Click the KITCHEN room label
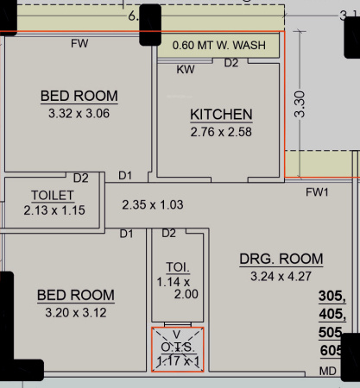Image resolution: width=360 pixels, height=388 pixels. click(221, 115)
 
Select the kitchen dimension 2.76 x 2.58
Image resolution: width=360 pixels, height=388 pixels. click(221, 132)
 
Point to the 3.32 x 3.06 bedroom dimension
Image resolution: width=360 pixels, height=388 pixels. click(79, 112)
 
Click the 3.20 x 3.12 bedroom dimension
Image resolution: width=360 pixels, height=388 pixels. click(75, 312)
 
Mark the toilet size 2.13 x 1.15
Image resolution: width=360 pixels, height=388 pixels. click(54, 210)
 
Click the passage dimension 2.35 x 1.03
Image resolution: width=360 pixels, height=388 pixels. click(154, 205)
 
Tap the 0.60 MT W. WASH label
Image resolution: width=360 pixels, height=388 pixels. click(219, 45)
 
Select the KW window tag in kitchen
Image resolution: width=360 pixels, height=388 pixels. click(185, 69)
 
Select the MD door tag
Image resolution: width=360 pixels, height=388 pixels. click(328, 372)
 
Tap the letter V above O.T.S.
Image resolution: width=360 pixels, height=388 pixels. click(178, 335)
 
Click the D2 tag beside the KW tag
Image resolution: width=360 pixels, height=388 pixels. click(231, 63)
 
